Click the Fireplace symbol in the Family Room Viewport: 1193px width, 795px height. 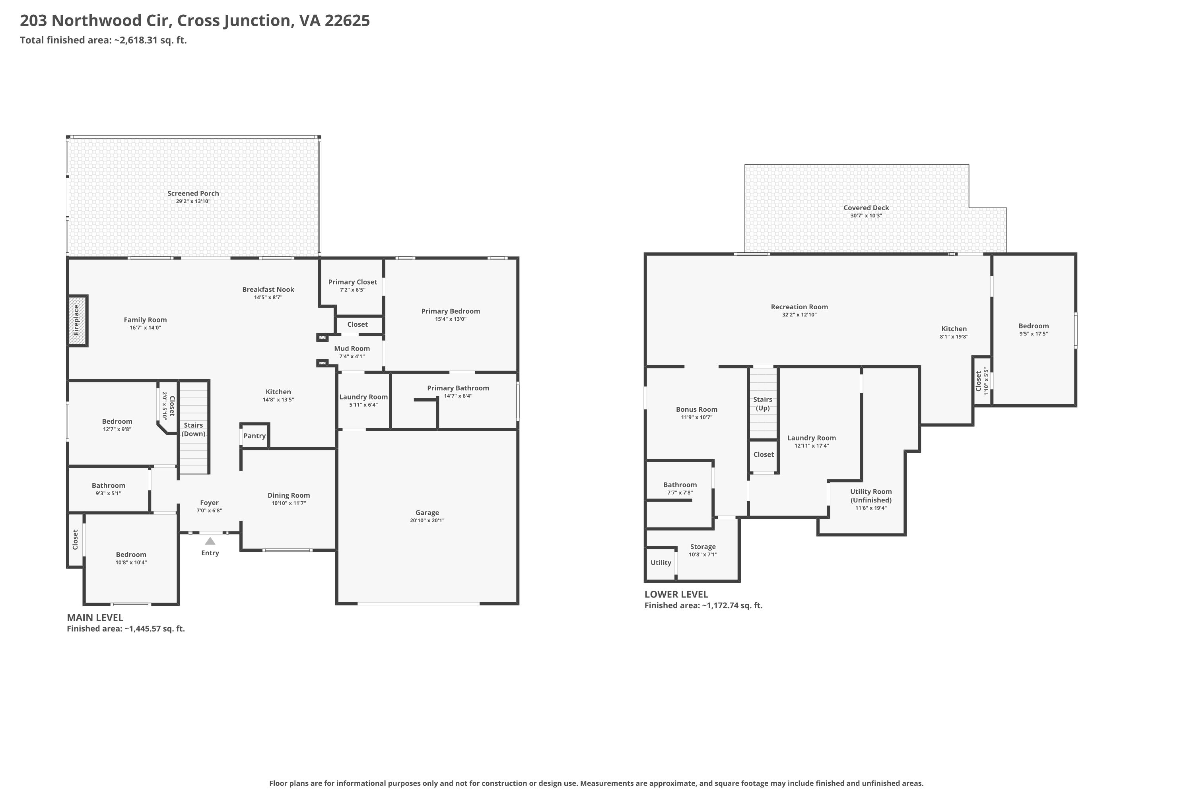point(78,320)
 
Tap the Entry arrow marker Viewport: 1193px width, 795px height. point(210,541)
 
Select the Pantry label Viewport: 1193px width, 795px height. point(255,436)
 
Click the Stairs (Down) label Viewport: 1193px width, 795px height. point(194,429)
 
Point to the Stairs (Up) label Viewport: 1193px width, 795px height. point(763,403)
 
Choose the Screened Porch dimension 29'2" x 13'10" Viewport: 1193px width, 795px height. point(193,201)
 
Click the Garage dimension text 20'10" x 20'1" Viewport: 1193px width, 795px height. point(427,520)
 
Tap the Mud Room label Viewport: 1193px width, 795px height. point(352,348)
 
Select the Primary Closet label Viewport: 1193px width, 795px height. point(352,282)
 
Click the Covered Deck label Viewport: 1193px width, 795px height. point(867,207)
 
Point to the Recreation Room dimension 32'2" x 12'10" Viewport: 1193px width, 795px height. point(799,315)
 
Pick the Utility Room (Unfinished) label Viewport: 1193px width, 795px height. point(871,495)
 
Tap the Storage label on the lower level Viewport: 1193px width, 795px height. point(703,547)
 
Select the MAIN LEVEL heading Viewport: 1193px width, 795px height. point(95,618)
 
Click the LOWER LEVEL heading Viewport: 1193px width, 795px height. point(676,594)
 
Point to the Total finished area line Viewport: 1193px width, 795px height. point(103,40)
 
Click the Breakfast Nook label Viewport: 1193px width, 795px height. point(268,289)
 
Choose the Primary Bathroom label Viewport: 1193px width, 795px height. point(458,388)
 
